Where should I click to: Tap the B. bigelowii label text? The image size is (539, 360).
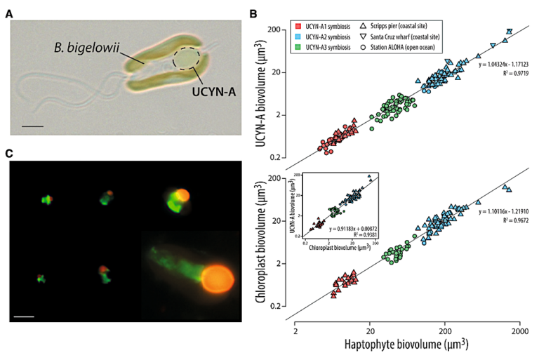click(x=85, y=48)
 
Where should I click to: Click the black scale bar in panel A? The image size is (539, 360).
click(x=33, y=126)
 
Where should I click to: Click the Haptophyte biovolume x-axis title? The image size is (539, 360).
click(x=405, y=345)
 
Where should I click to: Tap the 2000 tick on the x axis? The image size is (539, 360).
click(x=519, y=328)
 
